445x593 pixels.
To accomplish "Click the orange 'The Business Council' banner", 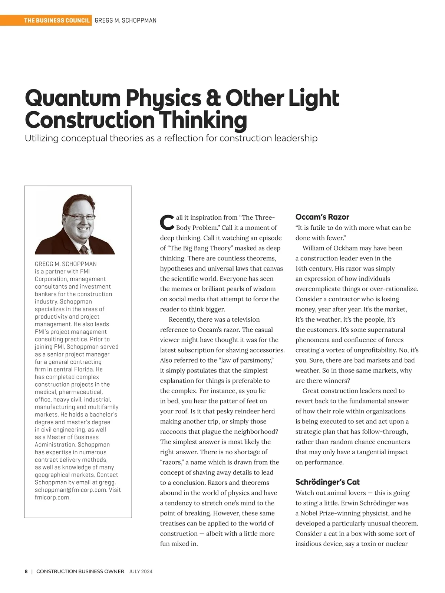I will click(57, 20).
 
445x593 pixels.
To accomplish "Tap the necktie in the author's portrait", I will click(85, 249).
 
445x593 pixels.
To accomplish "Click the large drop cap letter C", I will click(167, 222).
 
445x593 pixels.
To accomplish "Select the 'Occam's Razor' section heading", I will click(322, 217).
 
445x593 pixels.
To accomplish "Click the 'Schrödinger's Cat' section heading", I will click(327, 482).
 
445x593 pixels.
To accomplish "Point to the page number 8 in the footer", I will click(26, 571).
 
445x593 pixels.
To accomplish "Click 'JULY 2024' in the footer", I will click(141, 571).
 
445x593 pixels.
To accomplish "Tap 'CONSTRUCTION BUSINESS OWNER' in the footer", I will click(80, 571).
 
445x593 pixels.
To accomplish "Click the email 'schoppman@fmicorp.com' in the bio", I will click(70, 490).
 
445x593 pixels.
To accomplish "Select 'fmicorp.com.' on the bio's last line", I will click(53, 497).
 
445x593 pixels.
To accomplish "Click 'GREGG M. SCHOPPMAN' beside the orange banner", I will click(125, 20).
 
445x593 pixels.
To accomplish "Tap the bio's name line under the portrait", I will click(66, 264).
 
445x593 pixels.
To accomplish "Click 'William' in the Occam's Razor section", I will click(314, 248).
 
